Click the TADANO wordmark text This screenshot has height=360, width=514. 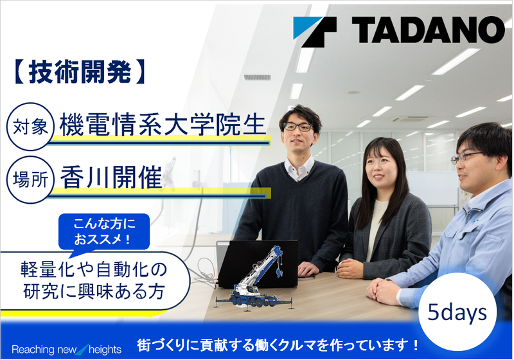coord(427,30)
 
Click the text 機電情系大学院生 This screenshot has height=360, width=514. coord(162,125)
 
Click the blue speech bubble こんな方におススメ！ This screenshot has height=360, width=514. coord(103,231)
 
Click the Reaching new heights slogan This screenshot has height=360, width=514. coord(67,349)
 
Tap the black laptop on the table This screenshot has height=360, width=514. coord(260,260)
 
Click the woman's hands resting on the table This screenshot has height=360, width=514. coord(350,267)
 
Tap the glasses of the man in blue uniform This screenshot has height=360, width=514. coord(467,157)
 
